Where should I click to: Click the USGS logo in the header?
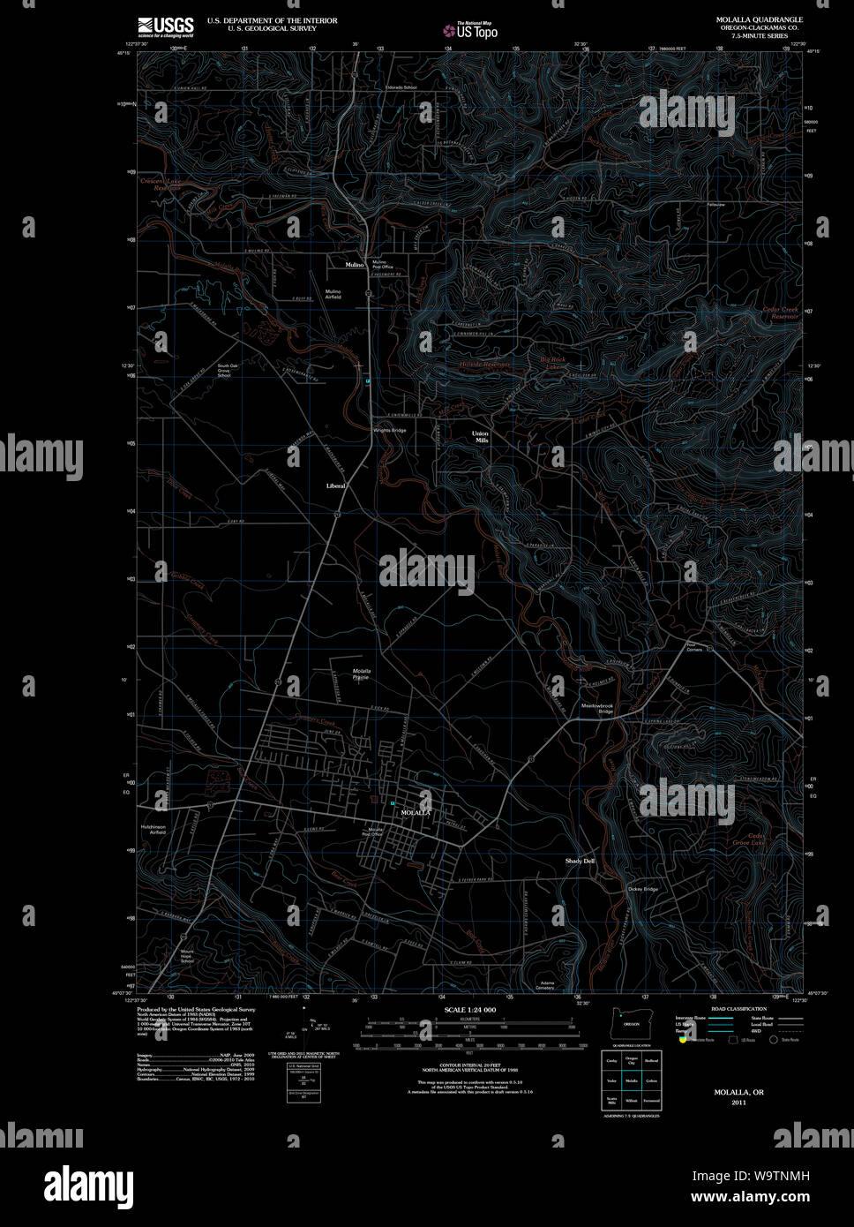pos(165,26)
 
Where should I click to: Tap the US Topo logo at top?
pos(471,30)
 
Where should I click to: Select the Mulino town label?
pos(356,263)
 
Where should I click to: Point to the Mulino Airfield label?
pos(333,294)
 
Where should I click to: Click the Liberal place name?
pos(336,486)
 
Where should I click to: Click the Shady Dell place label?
pos(581,861)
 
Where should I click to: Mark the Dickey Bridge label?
pos(643,889)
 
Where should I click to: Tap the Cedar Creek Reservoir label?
pos(780,312)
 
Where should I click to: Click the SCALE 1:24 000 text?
pos(470,1009)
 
